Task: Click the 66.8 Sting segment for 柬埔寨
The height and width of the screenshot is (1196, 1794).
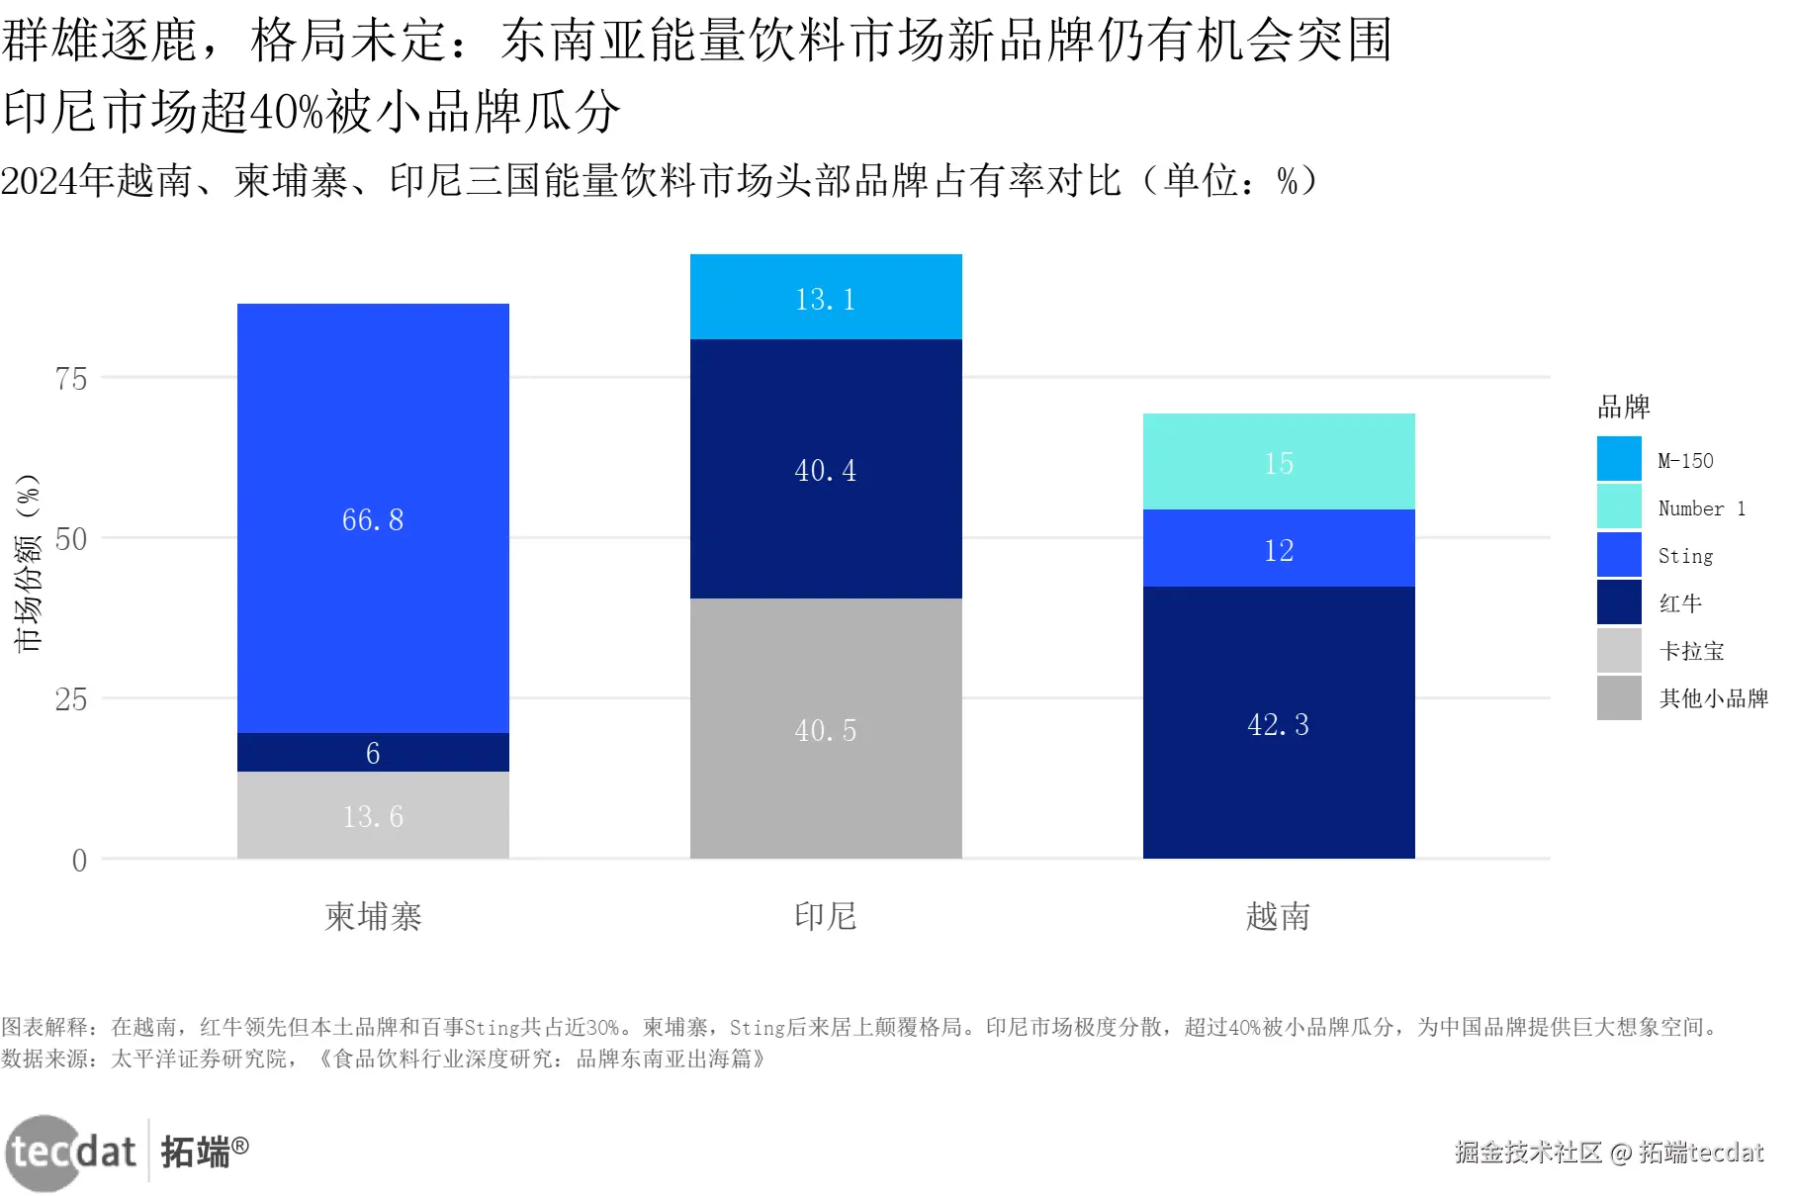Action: pyautogui.click(x=373, y=518)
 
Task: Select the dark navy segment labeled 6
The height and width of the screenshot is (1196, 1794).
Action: pyautogui.click(x=373, y=753)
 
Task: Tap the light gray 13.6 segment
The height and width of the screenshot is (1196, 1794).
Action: pyautogui.click(x=373, y=816)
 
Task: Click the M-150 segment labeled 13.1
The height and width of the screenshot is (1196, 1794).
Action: pyautogui.click(x=826, y=298)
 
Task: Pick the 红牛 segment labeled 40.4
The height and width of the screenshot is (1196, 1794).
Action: pyautogui.click(x=826, y=469)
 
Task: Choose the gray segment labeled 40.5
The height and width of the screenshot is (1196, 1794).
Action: pyautogui.click(x=826, y=729)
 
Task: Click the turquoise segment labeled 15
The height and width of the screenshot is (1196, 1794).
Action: pyautogui.click(x=1279, y=462)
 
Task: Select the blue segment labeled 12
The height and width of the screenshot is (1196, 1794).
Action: pyautogui.click(x=1279, y=549)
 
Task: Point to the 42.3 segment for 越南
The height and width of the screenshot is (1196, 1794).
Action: pyautogui.click(x=1279, y=723)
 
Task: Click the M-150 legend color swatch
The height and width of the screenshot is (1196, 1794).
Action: pyautogui.click(x=1619, y=459)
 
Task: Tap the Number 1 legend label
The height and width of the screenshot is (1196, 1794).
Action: pyautogui.click(x=1701, y=508)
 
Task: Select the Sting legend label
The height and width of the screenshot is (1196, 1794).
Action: pyautogui.click(x=1685, y=556)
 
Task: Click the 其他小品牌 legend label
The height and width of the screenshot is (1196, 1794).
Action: pyautogui.click(x=1713, y=698)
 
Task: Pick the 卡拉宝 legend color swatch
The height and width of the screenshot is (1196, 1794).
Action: pyautogui.click(x=1619, y=650)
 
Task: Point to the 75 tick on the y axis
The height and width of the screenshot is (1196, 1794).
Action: pyautogui.click(x=71, y=379)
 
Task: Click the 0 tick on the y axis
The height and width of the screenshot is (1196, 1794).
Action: pyautogui.click(x=79, y=860)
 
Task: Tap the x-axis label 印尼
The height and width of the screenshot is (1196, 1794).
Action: pyautogui.click(x=826, y=916)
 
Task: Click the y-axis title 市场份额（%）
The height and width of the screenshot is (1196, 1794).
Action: pyautogui.click(x=29, y=563)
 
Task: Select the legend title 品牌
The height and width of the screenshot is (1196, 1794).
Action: pyautogui.click(x=1624, y=407)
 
